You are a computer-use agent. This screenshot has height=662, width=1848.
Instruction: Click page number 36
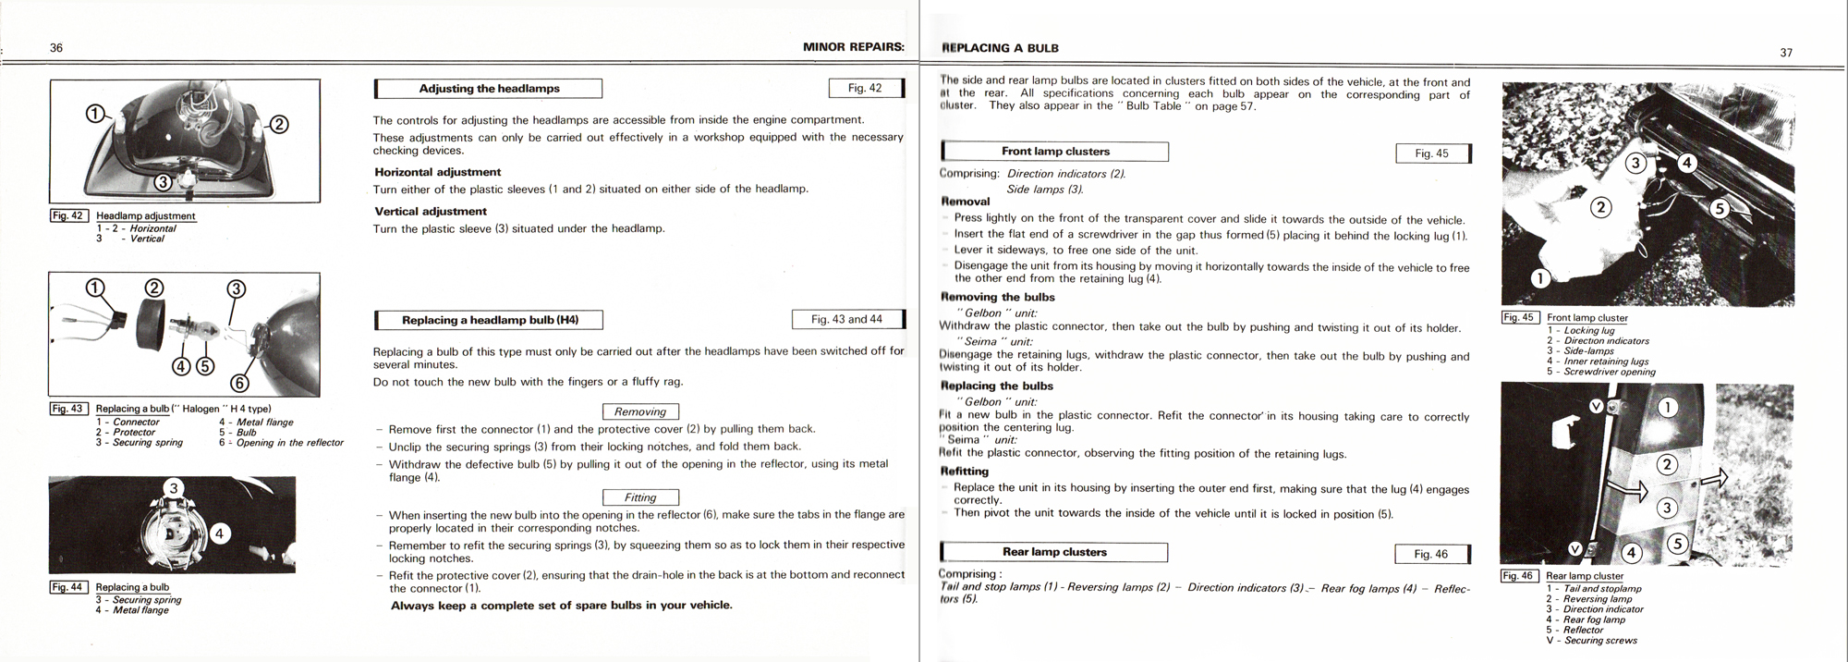[x=56, y=48]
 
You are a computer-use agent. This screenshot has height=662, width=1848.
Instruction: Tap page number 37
[x=1786, y=53]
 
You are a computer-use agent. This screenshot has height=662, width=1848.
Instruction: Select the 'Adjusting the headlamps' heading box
[x=489, y=89]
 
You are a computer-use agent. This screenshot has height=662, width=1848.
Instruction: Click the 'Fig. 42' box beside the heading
[x=865, y=88]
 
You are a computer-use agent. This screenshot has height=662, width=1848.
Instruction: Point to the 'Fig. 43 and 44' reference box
[x=846, y=319]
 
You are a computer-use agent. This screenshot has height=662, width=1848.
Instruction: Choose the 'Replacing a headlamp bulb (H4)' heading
[x=490, y=320]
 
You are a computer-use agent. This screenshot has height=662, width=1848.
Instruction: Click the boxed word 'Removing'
[x=640, y=411]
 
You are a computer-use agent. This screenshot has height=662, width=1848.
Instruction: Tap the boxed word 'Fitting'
[x=640, y=497]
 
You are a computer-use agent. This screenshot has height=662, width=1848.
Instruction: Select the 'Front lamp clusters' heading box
[x=1055, y=152]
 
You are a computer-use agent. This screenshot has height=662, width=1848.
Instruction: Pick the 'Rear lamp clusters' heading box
[x=1054, y=552]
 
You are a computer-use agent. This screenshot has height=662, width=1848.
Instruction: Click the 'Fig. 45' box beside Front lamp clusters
[x=1431, y=153]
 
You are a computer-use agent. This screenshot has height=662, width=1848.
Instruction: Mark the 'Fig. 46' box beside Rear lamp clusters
[x=1430, y=554]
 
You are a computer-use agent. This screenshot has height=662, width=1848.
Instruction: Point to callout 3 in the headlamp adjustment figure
[x=163, y=182]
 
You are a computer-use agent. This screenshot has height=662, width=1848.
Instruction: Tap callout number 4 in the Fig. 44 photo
[x=219, y=533]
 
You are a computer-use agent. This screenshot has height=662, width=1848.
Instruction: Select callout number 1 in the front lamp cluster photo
[x=1539, y=277]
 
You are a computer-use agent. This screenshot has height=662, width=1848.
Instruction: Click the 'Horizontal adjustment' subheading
[x=437, y=172]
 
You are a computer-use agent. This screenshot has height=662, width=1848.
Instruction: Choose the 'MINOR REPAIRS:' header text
[x=853, y=47]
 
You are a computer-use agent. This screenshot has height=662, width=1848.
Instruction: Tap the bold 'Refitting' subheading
[x=965, y=471]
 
